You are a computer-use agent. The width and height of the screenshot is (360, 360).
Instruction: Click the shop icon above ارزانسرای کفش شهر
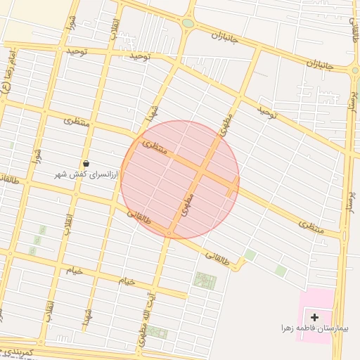click(x=86, y=163)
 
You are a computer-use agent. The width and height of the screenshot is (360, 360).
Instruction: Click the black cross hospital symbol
click(x=314, y=318)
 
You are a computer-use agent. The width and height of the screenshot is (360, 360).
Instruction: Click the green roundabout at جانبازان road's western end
click(x=188, y=23)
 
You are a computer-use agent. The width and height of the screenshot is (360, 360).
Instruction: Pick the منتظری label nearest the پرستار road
click(x=311, y=226)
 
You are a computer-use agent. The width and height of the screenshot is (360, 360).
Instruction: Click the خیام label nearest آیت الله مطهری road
click(x=126, y=281)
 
